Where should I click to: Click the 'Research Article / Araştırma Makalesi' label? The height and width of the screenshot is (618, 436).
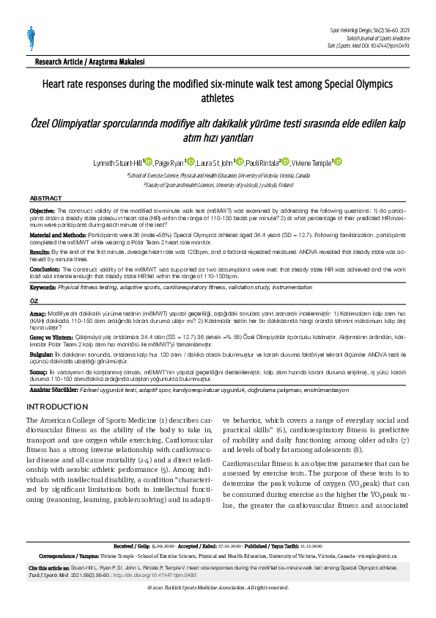(82, 63)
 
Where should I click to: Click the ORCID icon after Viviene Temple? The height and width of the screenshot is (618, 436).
(339, 162)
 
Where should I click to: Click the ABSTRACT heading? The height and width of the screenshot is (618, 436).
(45, 199)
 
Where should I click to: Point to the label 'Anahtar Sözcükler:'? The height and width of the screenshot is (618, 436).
(57, 388)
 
